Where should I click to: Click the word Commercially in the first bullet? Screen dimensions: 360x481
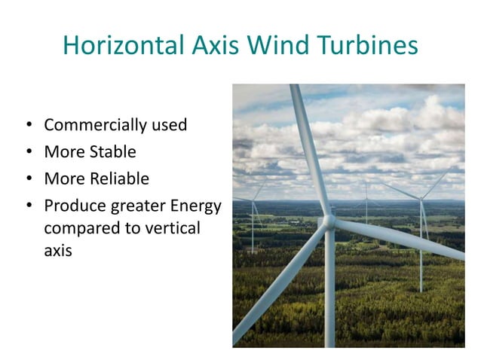click(93, 125)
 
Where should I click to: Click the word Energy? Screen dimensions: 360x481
click(192, 206)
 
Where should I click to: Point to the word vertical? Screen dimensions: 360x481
click(170, 228)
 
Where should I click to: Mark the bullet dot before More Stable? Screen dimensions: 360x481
click(29, 153)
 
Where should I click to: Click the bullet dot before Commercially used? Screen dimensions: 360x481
click(29, 126)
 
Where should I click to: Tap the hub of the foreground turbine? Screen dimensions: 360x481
click(329, 221)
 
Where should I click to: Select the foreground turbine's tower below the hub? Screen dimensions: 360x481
click(329, 294)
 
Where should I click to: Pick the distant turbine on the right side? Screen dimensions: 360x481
click(421, 226)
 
